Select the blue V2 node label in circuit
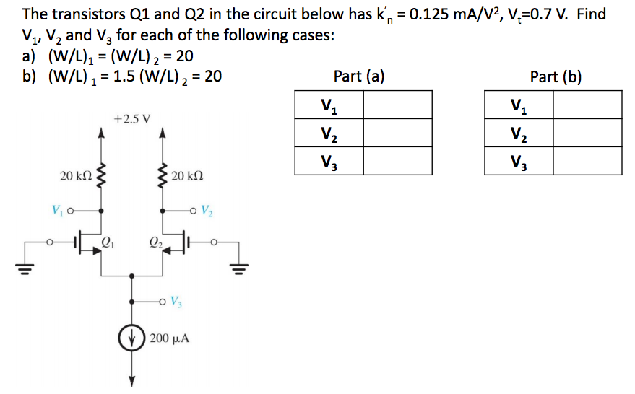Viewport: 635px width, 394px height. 207,211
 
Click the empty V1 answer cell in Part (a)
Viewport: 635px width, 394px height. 397,105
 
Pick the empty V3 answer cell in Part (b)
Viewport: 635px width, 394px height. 587,161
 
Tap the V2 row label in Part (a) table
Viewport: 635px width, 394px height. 328,133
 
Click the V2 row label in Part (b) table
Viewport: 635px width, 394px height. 518,133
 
